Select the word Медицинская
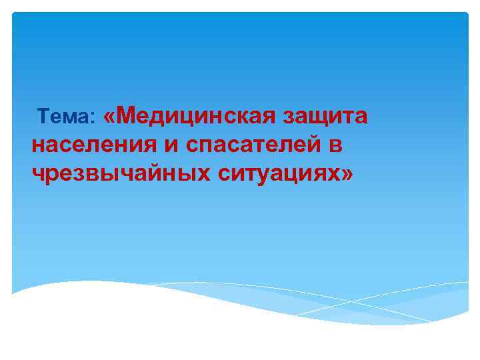pyautogui.click(x=197, y=116)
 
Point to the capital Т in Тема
pyautogui.click(x=45, y=117)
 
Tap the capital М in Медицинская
pyautogui.click(x=131, y=115)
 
